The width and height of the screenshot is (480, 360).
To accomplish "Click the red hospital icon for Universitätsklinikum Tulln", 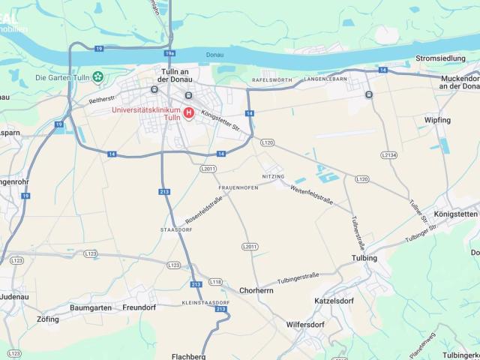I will [188, 112].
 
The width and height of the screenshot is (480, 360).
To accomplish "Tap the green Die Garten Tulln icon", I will [98, 77].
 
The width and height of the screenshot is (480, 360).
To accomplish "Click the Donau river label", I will [214, 55].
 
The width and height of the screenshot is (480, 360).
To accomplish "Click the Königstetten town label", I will [455, 214].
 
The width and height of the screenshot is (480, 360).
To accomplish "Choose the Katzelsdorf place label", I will [334, 301].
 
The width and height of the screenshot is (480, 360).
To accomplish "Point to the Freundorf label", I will [139, 307].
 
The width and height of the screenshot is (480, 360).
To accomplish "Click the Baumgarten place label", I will [91, 307].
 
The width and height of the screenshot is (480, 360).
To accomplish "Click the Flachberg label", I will [188, 356].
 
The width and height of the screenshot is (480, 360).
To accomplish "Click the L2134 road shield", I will [388, 154].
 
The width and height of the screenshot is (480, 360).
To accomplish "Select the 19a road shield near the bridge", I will [169, 54].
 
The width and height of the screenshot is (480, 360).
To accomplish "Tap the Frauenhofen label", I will [238, 187].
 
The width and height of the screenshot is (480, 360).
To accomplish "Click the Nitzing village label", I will [273, 176].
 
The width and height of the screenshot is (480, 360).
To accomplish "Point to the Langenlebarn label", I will [325, 78].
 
